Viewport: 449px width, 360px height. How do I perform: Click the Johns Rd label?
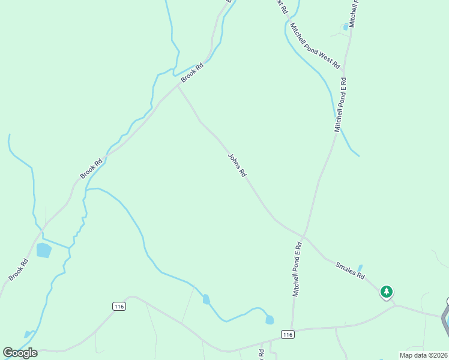tap(237, 165)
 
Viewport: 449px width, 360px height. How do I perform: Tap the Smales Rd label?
tap(350, 271)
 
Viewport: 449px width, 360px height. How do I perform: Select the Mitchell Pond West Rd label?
tap(315, 45)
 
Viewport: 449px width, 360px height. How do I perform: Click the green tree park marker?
tap(387, 292)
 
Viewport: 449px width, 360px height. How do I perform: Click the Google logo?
tap(20, 352)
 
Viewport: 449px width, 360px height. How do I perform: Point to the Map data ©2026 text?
tap(423, 355)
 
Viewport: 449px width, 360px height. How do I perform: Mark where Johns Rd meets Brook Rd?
tap(178, 85)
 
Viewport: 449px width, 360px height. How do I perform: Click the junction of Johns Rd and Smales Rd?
tap(305, 236)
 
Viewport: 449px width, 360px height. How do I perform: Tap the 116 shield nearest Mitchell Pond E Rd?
tap(288, 334)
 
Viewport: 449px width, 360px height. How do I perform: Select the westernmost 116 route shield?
tap(119, 306)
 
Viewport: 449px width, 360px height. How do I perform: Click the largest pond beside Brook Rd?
tap(44, 250)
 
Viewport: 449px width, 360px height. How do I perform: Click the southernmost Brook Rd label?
tap(19, 269)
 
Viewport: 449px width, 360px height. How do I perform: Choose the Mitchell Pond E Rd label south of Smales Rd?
tap(297, 269)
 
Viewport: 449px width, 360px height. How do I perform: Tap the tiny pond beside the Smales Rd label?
tap(360, 268)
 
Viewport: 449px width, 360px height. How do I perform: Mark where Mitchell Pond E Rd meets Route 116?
tap(292, 329)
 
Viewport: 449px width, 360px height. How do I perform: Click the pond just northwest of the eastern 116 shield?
tap(269, 320)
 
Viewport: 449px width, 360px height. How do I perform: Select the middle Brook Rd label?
tap(92, 168)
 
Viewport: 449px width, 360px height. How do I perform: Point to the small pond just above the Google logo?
tap(28, 334)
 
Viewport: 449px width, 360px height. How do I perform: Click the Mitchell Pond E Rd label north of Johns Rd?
tap(340, 105)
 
